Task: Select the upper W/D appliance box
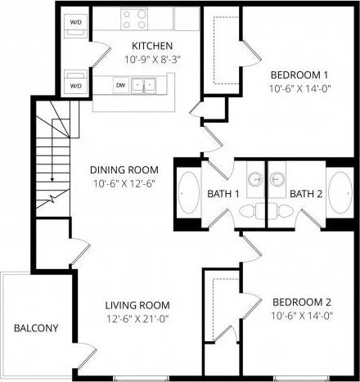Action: pyautogui.click(x=76, y=23)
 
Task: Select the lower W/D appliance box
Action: pyautogui.click(x=76, y=84)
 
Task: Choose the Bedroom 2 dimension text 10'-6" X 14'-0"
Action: pyautogui.click(x=303, y=314)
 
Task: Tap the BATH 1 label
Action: pyautogui.click(x=223, y=194)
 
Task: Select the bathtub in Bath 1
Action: pyautogui.click(x=189, y=194)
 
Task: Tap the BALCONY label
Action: pyautogui.click(x=36, y=329)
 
